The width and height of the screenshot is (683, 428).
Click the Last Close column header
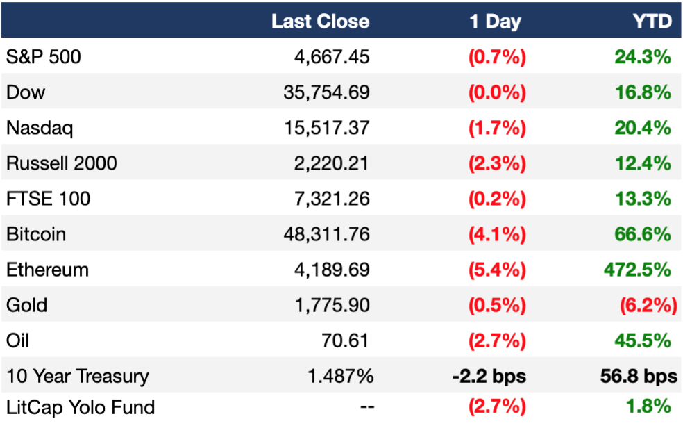(x=320, y=21)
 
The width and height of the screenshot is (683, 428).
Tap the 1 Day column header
(x=495, y=22)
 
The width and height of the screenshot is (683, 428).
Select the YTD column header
(x=652, y=21)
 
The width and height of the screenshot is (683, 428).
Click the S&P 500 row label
(x=44, y=57)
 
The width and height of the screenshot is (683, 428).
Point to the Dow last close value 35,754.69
(x=326, y=92)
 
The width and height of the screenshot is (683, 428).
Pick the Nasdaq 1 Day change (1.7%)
(x=497, y=128)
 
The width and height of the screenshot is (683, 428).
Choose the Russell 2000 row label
(x=61, y=163)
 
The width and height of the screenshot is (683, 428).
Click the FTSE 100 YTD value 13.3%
(x=643, y=199)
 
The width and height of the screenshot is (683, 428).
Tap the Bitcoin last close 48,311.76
(x=326, y=234)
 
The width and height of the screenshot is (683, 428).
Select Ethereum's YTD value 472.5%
(x=637, y=270)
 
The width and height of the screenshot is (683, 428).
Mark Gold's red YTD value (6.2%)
(x=648, y=305)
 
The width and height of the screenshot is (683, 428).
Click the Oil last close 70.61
(x=345, y=340)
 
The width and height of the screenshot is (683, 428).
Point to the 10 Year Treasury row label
(x=78, y=376)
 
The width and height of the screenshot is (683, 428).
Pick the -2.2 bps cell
(x=489, y=376)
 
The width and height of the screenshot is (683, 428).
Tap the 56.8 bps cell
(x=639, y=376)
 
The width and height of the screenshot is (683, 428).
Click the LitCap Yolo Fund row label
(x=81, y=408)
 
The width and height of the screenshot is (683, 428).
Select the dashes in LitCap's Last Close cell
(x=367, y=407)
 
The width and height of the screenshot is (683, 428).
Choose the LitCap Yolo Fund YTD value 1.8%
(x=648, y=406)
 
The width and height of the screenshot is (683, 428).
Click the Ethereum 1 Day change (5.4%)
(x=497, y=270)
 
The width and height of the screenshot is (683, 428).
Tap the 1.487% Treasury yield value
(x=340, y=376)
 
